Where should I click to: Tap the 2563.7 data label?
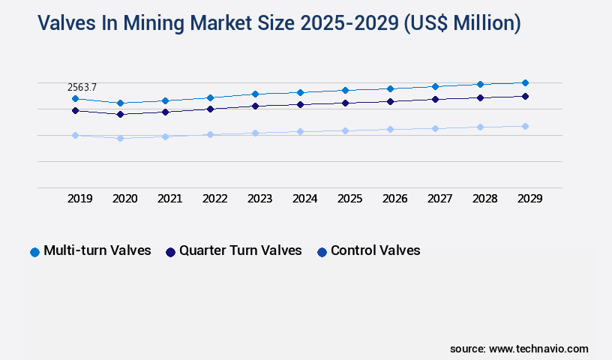point(82,88)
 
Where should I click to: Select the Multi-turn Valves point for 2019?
point(75,98)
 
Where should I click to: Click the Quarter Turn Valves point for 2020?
point(120,114)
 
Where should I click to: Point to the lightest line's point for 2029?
point(525,126)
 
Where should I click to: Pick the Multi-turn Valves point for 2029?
point(525,82)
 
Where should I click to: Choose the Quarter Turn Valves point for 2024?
point(300,104)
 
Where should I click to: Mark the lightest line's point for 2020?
point(120,138)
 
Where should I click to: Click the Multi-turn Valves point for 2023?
point(255,94)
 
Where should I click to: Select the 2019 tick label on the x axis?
point(79,199)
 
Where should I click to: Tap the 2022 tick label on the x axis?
point(214,199)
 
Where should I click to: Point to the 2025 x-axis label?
point(349,199)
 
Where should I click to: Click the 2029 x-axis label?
point(529,199)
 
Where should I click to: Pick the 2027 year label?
point(439,199)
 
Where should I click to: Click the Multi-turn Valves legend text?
point(97,250)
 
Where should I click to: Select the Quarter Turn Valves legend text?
point(241,250)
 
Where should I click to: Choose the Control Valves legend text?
point(376,250)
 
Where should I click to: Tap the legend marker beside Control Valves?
point(322,252)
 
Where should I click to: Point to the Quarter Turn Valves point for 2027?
point(435,99)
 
